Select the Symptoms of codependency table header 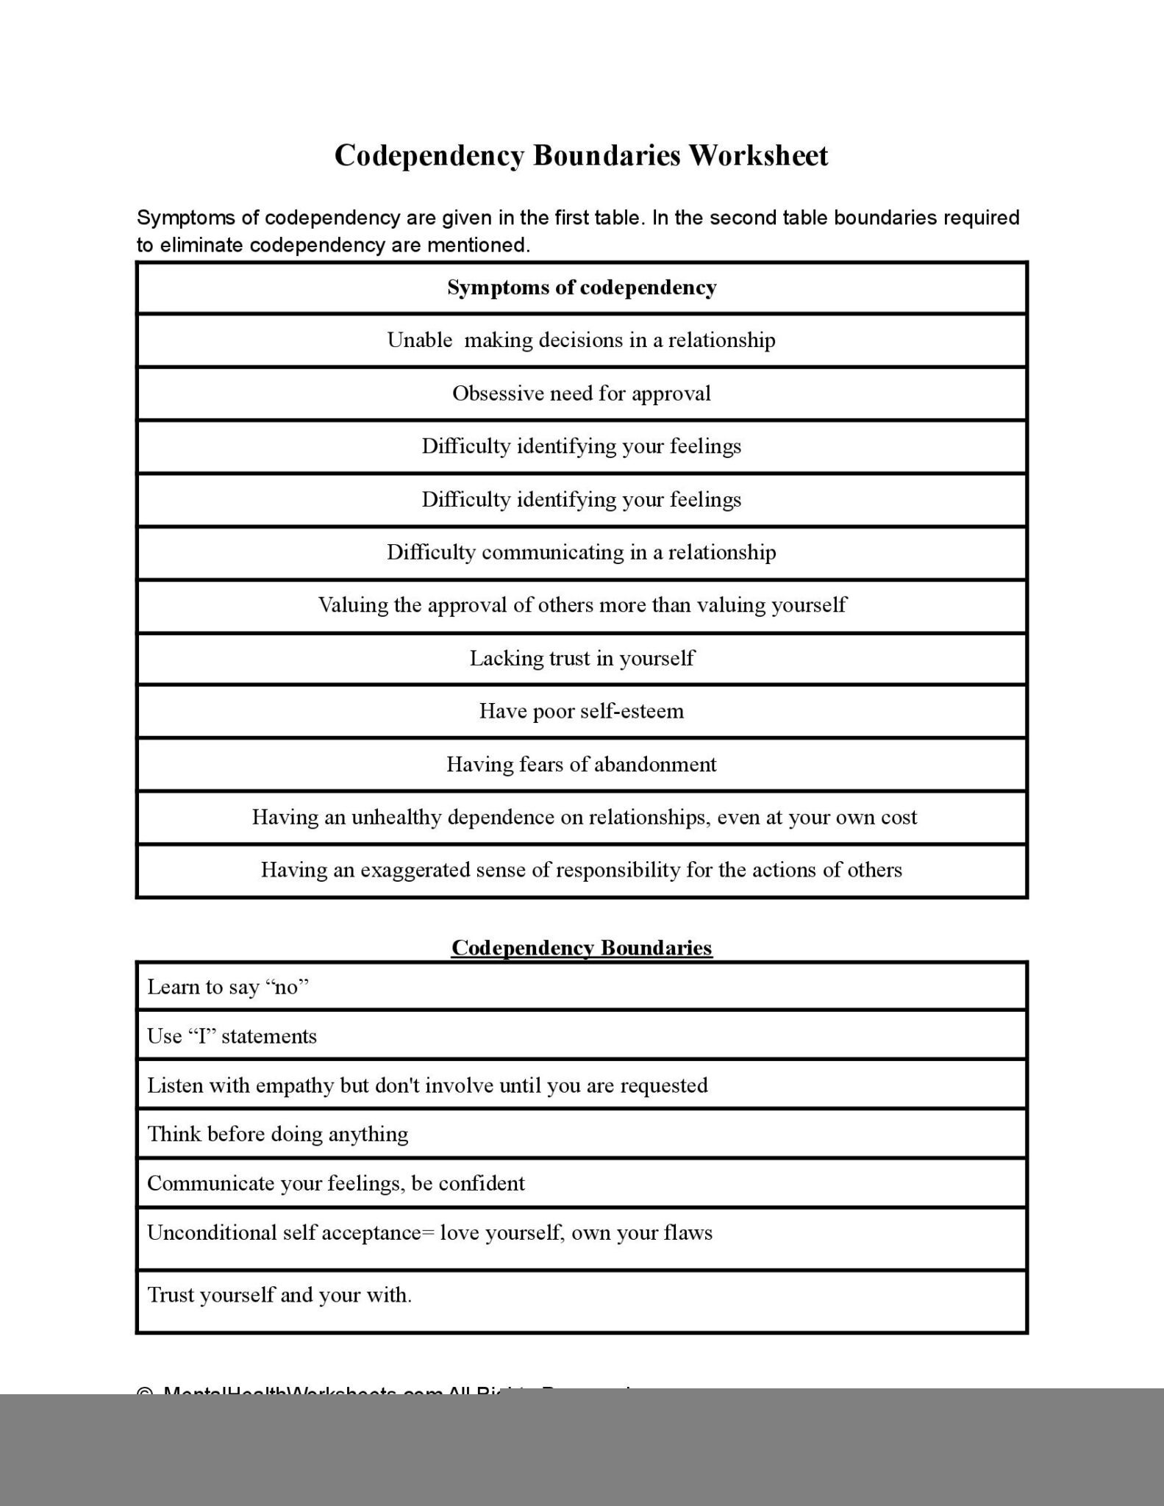[x=582, y=288]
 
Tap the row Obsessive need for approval [x=582, y=393]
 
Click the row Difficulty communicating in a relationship [x=582, y=552]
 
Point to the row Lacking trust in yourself [x=582, y=658]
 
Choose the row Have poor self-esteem [x=582, y=711]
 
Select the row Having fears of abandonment [x=582, y=765]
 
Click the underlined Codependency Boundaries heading [x=582, y=947]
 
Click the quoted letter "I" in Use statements [x=201, y=1036]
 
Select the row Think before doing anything [x=278, y=1134]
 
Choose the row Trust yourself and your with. [x=279, y=1294]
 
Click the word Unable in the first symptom [x=419, y=340]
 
